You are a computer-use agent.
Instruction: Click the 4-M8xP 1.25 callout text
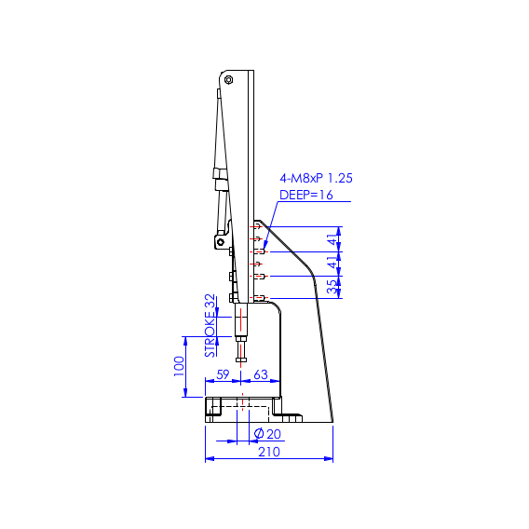(x=316, y=178)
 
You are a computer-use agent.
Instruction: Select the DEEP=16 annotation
(x=306, y=195)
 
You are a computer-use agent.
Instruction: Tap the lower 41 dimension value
(x=332, y=264)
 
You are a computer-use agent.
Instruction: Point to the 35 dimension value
(x=332, y=287)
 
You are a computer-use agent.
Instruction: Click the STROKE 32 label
(x=210, y=326)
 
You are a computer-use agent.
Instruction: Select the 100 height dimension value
(x=180, y=365)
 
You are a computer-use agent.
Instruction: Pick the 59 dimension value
(x=223, y=374)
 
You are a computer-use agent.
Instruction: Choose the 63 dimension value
(x=261, y=374)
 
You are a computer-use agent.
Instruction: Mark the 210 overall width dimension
(x=268, y=452)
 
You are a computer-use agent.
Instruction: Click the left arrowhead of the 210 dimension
(x=209, y=458)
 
